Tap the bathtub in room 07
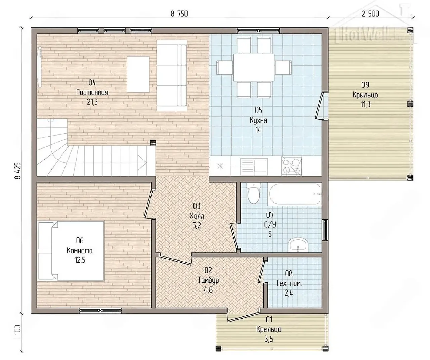pyautogui.click(x=295, y=194)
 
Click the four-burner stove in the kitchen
pyautogui.click(x=291, y=166)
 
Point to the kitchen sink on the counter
pyautogui.click(x=254, y=166)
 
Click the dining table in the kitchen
pyautogui.click(x=254, y=67)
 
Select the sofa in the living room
pyautogui.click(x=172, y=76)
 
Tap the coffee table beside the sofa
pyautogui.click(x=138, y=75)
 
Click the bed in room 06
pyautogui.click(x=71, y=251)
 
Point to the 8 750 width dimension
pyautogui.click(x=179, y=14)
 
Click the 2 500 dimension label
pyautogui.click(x=370, y=14)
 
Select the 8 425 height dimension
pyautogui.click(x=18, y=171)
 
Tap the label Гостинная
pyautogui.click(x=92, y=92)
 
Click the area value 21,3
pyautogui.click(x=92, y=102)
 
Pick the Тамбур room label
pyautogui.click(x=208, y=280)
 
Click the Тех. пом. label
pyautogui.click(x=289, y=284)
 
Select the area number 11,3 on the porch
pyautogui.click(x=365, y=104)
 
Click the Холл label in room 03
pyautogui.click(x=197, y=216)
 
